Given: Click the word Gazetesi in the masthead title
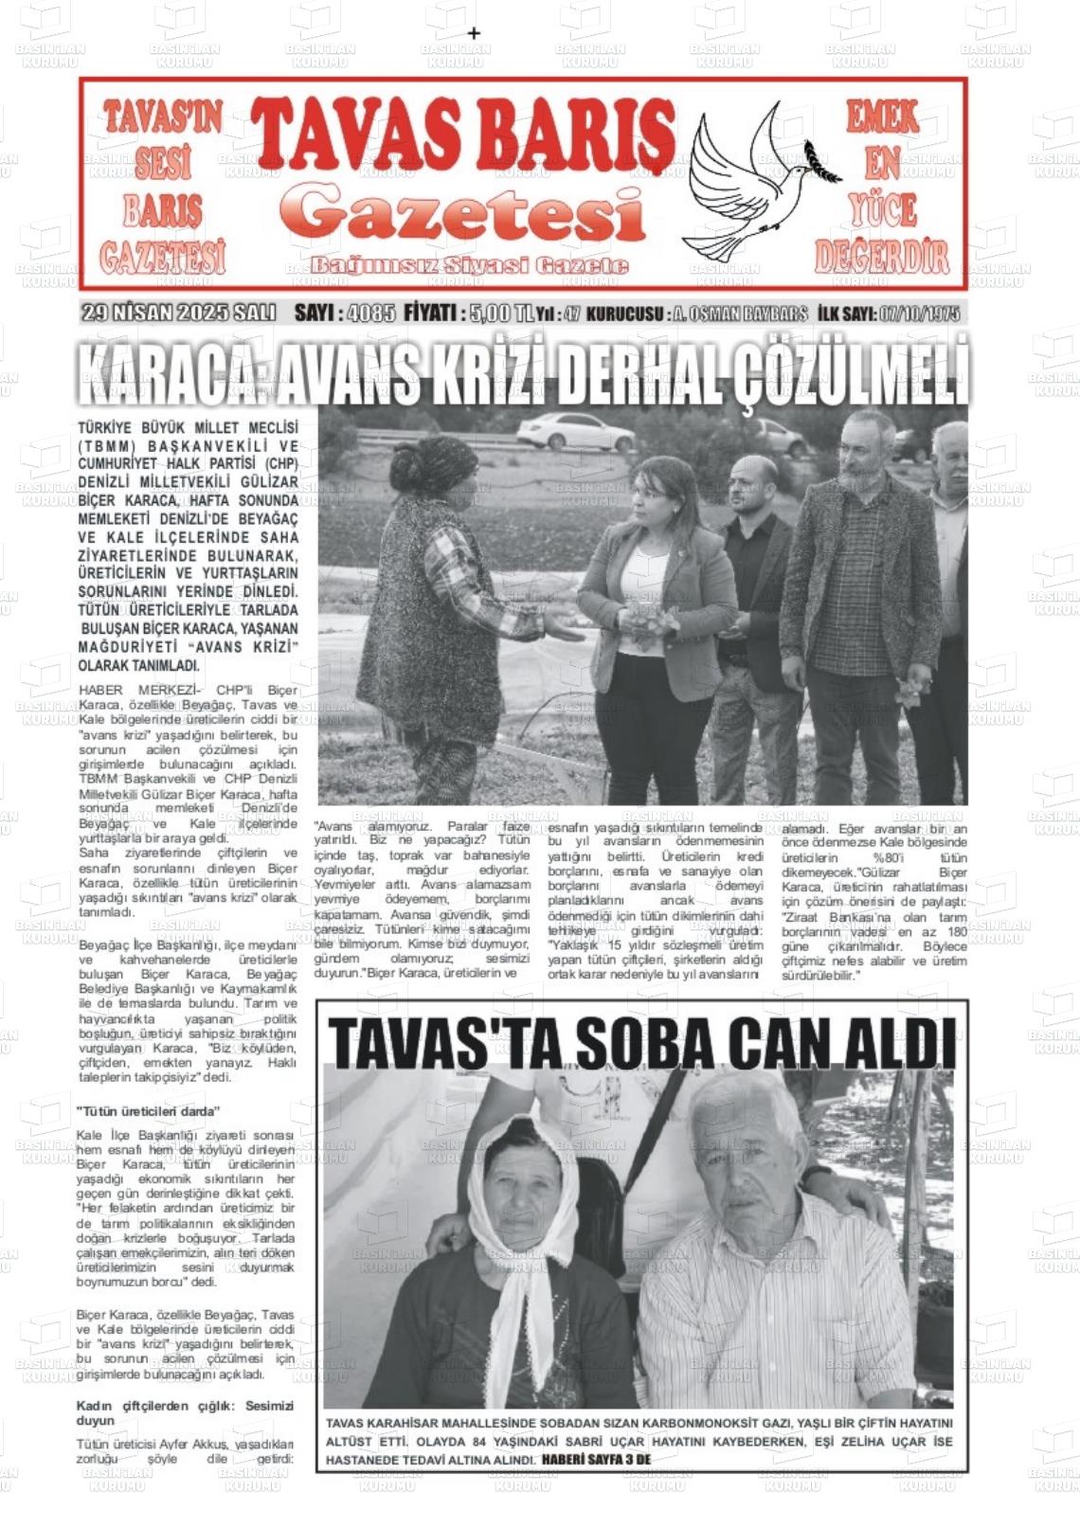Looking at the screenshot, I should tap(461, 214).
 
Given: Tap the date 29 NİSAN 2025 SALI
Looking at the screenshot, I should tap(178, 314).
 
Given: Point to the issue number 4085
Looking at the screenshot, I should tap(371, 314).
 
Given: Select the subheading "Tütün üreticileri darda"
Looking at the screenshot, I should tap(149, 1110).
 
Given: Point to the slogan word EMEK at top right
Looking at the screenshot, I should tap(882, 117).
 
